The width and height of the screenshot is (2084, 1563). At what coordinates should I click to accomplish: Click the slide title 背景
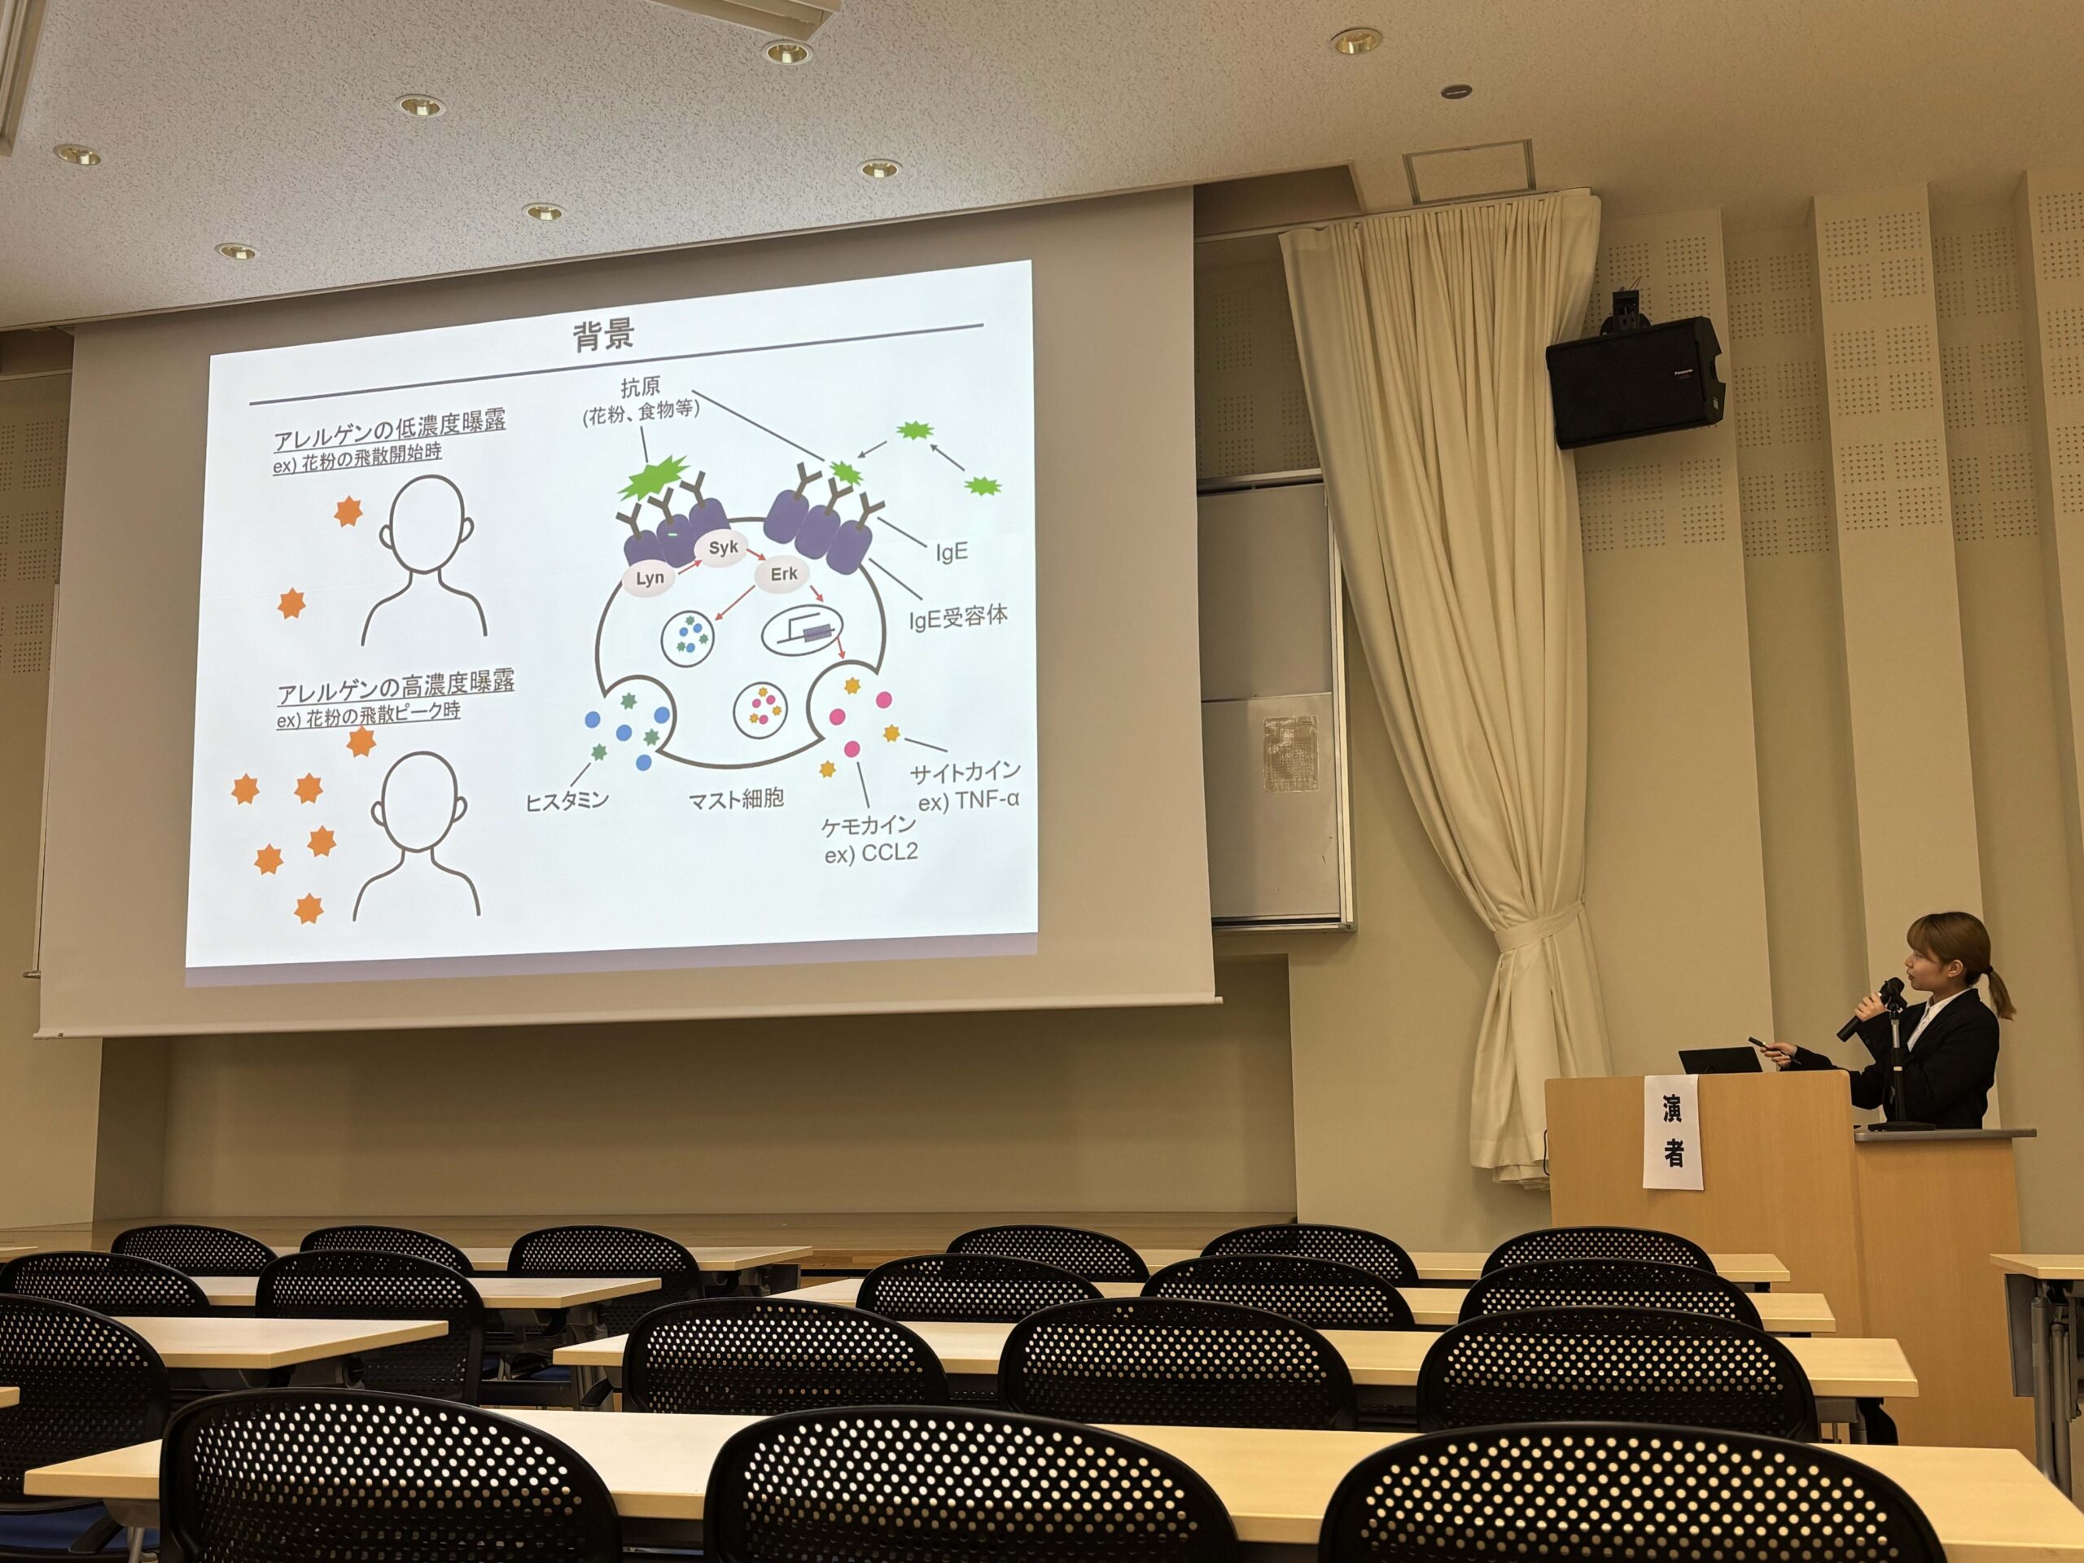pyautogui.click(x=604, y=335)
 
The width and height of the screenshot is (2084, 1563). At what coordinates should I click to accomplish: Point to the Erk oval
pyautogui.click(x=783, y=574)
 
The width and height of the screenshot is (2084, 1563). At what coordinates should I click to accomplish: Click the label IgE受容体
pyautogui.click(x=957, y=618)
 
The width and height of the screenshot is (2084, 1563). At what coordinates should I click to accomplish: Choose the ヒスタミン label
pyautogui.click(x=567, y=800)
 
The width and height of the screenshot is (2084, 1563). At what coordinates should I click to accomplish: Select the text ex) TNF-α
pyautogui.click(x=970, y=802)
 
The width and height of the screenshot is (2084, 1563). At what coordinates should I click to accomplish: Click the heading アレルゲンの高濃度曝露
pyautogui.click(x=396, y=688)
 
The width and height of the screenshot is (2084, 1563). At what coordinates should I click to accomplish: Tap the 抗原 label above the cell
pyautogui.click(x=641, y=387)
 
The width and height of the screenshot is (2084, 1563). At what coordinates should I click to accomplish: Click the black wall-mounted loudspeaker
pyautogui.click(x=1635, y=382)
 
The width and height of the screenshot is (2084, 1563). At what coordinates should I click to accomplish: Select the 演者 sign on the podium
pyautogui.click(x=1672, y=1132)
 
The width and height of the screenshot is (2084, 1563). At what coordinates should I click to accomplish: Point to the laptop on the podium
pyautogui.click(x=1720, y=1061)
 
